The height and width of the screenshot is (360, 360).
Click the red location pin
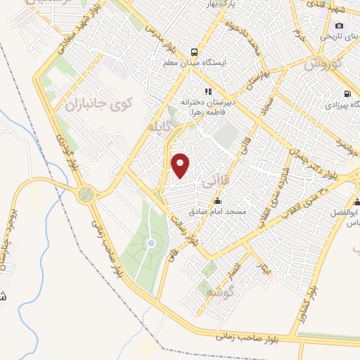181,165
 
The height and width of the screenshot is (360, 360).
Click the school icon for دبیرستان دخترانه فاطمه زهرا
207,91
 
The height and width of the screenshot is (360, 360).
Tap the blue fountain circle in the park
150,243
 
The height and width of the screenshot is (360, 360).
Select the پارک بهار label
221,5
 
